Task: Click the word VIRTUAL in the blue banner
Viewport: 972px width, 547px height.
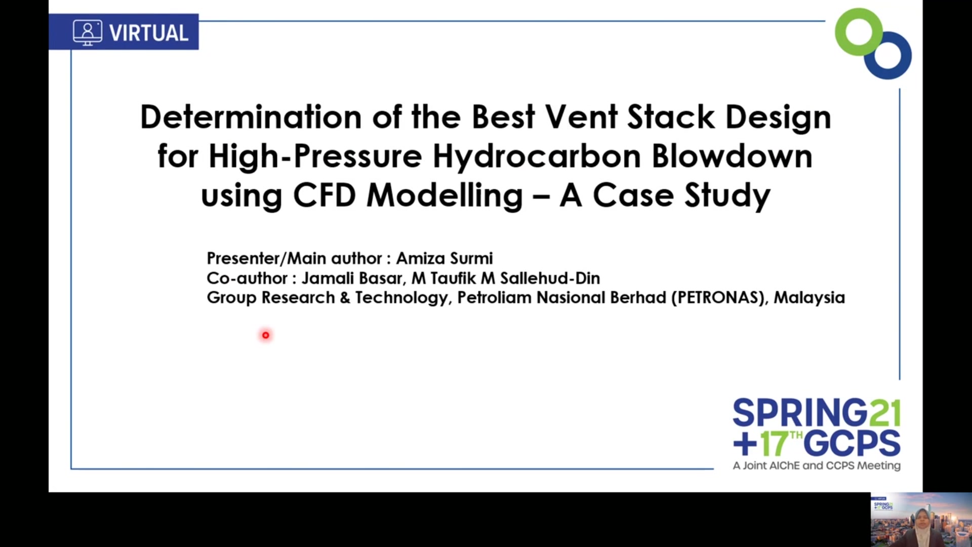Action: click(x=149, y=33)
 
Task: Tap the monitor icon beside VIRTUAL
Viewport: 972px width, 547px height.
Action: click(x=88, y=32)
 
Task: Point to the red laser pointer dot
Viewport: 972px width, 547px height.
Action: click(x=265, y=335)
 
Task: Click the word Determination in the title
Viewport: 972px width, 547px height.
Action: click(x=251, y=117)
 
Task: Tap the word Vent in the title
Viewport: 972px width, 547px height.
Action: click(x=581, y=117)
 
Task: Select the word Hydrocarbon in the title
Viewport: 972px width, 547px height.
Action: click(x=537, y=156)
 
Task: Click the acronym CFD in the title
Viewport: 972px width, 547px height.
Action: click(x=324, y=195)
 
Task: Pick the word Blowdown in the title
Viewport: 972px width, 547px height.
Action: click(x=732, y=156)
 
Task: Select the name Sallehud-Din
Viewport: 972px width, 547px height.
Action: click(x=550, y=278)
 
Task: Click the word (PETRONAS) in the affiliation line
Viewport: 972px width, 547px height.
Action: click(x=718, y=298)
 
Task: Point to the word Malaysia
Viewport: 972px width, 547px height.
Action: click(x=809, y=297)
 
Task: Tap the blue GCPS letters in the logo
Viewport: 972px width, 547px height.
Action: click(x=853, y=444)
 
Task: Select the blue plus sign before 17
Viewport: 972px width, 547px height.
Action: click(x=745, y=444)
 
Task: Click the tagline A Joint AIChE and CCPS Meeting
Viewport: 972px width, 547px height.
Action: click(x=817, y=465)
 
